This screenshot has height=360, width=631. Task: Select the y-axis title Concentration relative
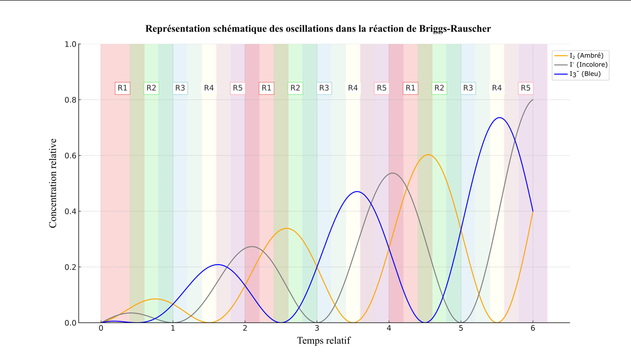[53, 183]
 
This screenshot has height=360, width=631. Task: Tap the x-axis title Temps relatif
[323, 340]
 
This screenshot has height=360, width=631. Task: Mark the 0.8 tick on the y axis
[70, 100]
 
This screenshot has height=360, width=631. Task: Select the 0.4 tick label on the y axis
[70, 211]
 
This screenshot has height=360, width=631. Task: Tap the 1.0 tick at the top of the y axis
[70, 44]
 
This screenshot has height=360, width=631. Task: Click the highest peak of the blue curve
[500, 118]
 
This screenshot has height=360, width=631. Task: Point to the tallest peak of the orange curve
[428, 155]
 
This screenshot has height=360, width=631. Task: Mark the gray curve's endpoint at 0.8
[533, 100]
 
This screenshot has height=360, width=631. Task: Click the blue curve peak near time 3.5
[357, 192]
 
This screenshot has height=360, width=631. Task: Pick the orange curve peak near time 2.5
[287, 228]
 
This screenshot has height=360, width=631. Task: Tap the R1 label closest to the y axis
[122, 88]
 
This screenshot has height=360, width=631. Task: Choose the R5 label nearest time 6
[525, 88]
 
